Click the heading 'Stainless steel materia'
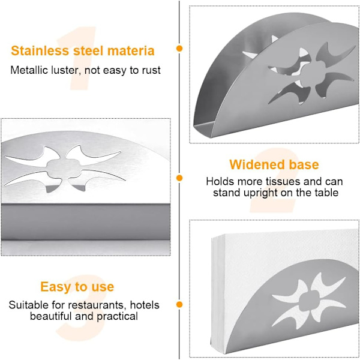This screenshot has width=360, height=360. pyautogui.click(x=83, y=51)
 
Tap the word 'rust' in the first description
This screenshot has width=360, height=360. pyautogui.click(x=151, y=70)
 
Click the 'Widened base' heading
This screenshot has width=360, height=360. pyautogui.click(x=274, y=164)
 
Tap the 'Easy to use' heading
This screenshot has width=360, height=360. pyautogui.click(x=77, y=287)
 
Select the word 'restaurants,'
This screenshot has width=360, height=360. pyautogui.click(x=97, y=305)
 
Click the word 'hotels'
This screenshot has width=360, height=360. pyautogui.click(x=145, y=305)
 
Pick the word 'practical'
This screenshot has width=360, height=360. pyautogui.click(x=117, y=316)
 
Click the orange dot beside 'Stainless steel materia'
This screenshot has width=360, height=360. pyautogui.click(x=179, y=49)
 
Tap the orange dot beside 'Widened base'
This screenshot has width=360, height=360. pyautogui.click(x=179, y=178)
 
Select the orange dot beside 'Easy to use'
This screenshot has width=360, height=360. pyautogui.click(x=179, y=304)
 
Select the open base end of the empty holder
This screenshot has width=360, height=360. pyautogui.click(x=203, y=129)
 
